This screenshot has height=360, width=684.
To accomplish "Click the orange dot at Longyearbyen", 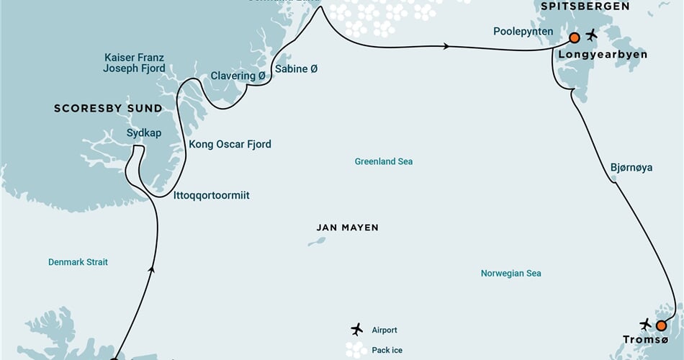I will [574, 37].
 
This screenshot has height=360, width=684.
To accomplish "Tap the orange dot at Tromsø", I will [661, 325].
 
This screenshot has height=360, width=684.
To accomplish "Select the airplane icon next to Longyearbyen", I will [592, 35].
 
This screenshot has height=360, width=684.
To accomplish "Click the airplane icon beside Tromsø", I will [645, 324].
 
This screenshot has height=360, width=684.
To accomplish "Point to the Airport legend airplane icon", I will [356, 330].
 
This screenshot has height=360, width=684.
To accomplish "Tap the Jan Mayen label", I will [347, 228].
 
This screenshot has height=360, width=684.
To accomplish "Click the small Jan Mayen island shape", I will [316, 241].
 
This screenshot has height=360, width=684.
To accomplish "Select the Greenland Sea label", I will [384, 162].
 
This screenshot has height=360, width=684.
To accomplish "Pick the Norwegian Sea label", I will [510, 274].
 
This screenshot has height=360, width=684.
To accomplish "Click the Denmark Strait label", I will [78, 262].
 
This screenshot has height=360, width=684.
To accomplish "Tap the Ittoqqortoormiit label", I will [212, 195].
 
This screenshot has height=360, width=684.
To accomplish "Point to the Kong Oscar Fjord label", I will [230, 144].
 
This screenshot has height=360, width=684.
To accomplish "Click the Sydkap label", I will [143, 133].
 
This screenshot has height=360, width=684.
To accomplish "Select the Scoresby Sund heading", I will [108, 109].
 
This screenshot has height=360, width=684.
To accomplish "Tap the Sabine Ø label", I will [296, 69].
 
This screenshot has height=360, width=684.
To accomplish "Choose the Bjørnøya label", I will [631, 167].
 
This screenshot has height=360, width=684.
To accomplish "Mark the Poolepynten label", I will [523, 32].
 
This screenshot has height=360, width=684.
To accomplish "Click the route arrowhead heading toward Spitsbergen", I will [447, 47].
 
